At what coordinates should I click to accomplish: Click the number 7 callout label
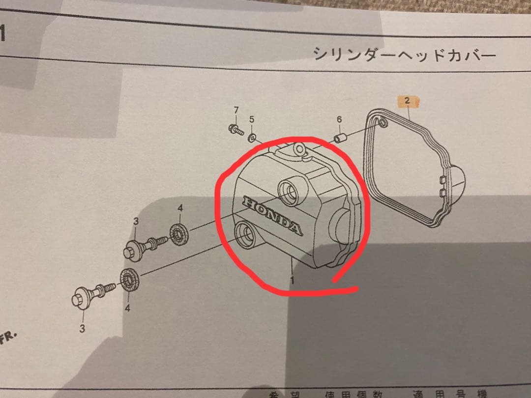pyautogui.click(x=236, y=109)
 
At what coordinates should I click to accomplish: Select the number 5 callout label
pyautogui.click(x=252, y=119)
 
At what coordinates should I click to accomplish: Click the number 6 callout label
pyautogui.click(x=339, y=119)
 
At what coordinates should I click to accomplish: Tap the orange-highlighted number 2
pyautogui.click(x=407, y=102)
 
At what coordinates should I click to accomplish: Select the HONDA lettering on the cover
pyautogui.click(x=272, y=215)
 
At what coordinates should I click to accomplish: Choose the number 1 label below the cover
pyautogui.click(x=292, y=281)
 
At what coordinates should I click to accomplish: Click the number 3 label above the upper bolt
pyautogui.click(x=136, y=222)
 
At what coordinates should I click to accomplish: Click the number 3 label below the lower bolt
pyautogui.click(x=82, y=328)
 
